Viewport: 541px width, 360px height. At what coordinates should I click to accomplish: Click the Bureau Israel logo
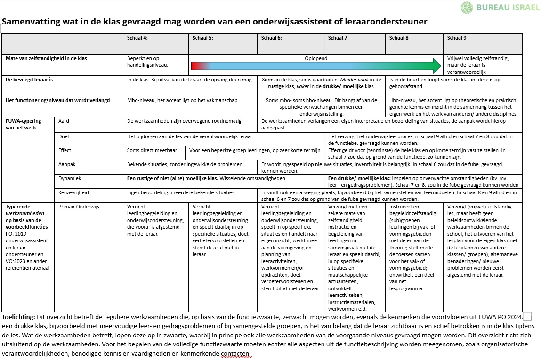[x=500, y=8]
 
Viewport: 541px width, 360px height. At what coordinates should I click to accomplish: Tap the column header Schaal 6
[x=272, y=38]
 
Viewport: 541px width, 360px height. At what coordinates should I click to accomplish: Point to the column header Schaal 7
[x=338, y=38]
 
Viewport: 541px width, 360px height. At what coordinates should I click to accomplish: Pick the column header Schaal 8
[x=399, y=38]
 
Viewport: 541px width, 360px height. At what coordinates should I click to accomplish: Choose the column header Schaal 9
[x=457, y=38]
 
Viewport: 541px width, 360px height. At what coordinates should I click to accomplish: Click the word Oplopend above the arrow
[x=316, y=59]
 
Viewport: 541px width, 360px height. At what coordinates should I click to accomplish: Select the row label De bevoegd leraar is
[x=29, y=80]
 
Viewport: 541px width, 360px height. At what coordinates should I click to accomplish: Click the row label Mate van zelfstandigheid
[x=46, y=59]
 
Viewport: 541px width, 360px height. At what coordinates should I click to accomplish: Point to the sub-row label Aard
[x=64, y=121]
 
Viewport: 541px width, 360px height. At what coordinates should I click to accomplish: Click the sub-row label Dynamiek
[x=70, y=179]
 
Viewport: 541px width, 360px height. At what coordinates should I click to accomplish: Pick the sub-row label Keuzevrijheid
[x=73, y=193]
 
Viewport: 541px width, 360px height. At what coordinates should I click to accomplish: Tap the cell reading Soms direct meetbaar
[x=152, y=151]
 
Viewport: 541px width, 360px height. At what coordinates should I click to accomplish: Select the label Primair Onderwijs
[x=79, y=207]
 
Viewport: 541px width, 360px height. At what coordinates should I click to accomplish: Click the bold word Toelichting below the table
[x=18, y=317]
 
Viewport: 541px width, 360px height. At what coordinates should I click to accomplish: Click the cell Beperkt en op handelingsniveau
[x=148, y=62]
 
